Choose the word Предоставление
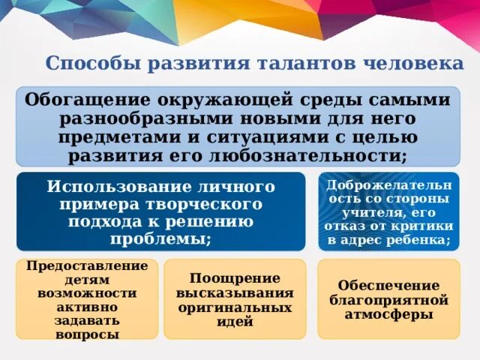click(87, 266)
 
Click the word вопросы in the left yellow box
click(87, 334)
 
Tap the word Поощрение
click(235, 278)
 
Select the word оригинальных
click(235, 307)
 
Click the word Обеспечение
click(388, 286)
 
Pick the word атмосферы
click(388, 315)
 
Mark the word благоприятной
click(388, 300)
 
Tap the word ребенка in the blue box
click(421, 240)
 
